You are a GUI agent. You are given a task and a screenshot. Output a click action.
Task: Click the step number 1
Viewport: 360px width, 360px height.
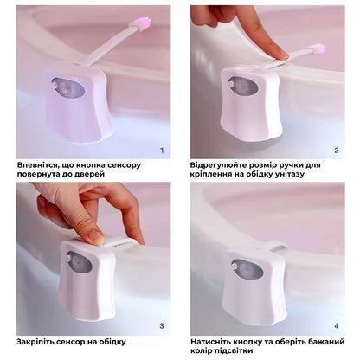click(162, 151)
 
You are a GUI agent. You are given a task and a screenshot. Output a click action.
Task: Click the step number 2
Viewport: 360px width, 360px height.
click(337, 151)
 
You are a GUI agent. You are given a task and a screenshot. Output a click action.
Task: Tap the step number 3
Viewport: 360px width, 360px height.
click(162, 326)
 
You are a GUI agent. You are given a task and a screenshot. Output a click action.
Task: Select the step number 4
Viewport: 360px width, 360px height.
click(337, 326)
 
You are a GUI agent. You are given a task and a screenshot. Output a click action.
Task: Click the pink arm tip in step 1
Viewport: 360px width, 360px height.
click(142, 22)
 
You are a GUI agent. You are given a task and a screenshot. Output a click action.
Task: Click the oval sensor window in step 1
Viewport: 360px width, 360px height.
click(68, 87)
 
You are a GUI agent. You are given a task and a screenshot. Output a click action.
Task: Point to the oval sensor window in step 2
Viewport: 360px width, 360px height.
click(243, 86)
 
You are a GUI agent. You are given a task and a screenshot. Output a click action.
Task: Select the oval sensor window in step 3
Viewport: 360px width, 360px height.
click(80, 263)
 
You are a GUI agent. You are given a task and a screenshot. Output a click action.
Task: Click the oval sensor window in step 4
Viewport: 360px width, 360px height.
click(247, 270)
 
